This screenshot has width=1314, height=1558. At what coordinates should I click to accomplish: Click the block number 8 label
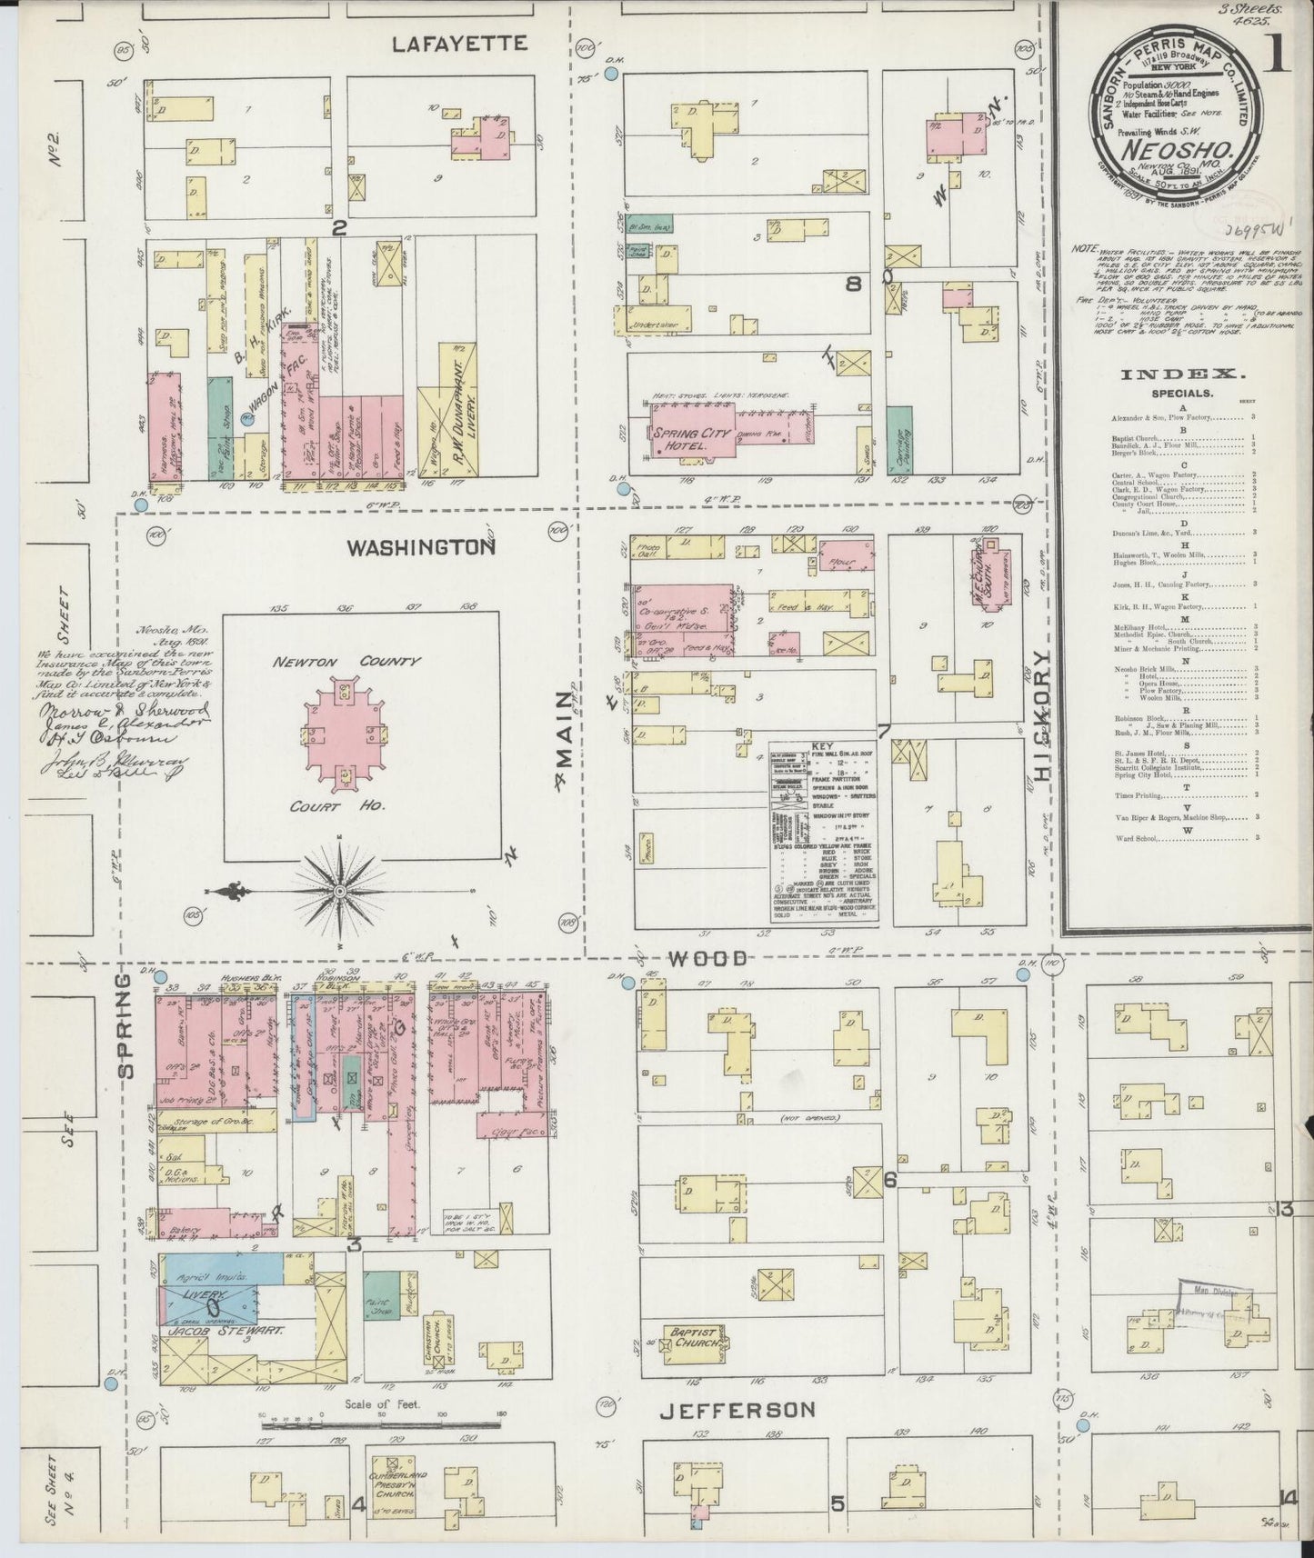pos(852,285)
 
